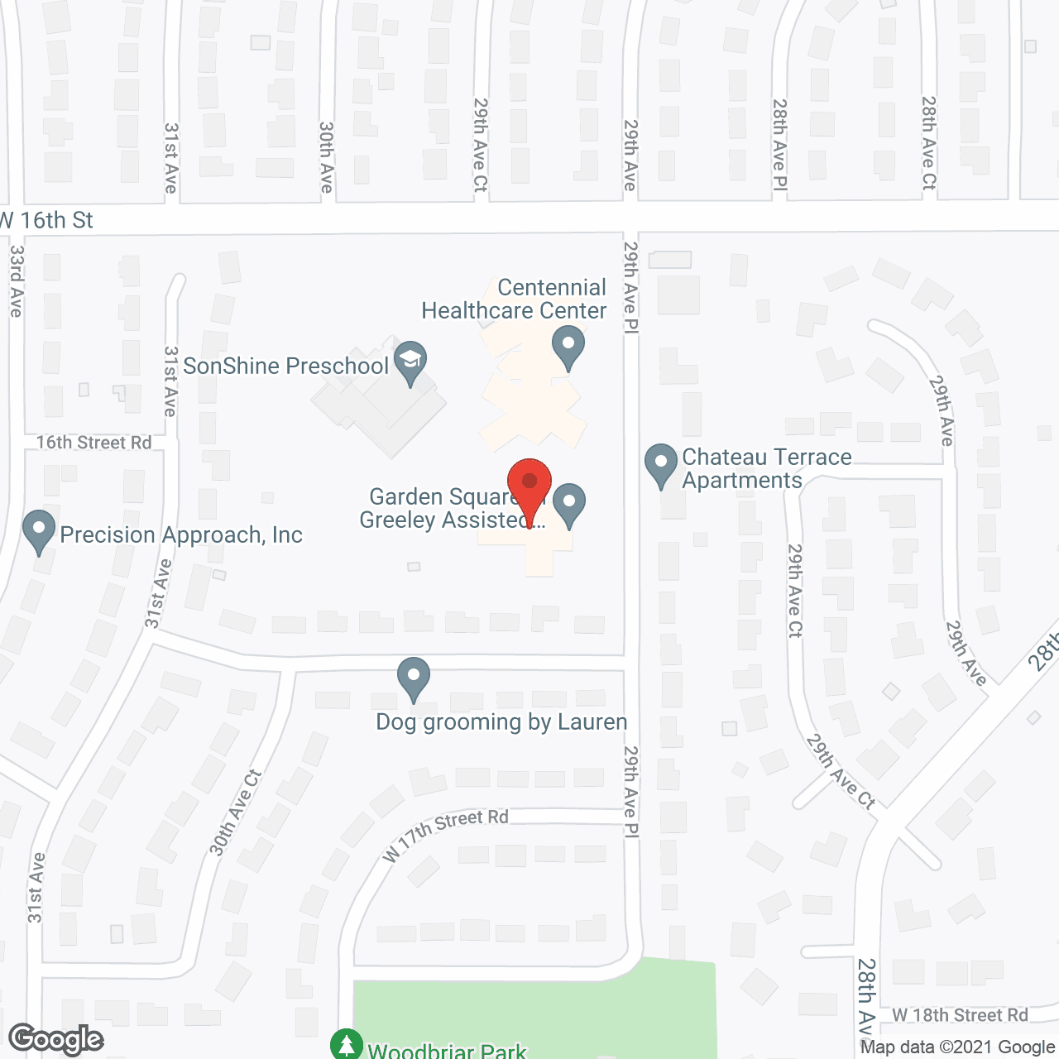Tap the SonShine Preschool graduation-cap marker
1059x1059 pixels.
click(410, 361)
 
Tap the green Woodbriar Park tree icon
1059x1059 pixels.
click(347, 1044)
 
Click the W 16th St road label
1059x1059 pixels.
click(48, 220)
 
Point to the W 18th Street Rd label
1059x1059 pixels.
click(960, 1015)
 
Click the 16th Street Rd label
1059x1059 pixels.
click(93, 443)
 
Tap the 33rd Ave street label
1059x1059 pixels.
click(17, 281)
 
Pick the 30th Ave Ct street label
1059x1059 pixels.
click(235, 812)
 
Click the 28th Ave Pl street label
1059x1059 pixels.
click(779, 146)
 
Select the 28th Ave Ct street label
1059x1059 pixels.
click(928, 143)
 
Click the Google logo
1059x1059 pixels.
click(56, 1039)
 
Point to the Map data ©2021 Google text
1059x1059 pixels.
click(957, 1047)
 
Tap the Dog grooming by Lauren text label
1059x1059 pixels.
click(501, 722)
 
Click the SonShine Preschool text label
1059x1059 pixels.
click(285, 366)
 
